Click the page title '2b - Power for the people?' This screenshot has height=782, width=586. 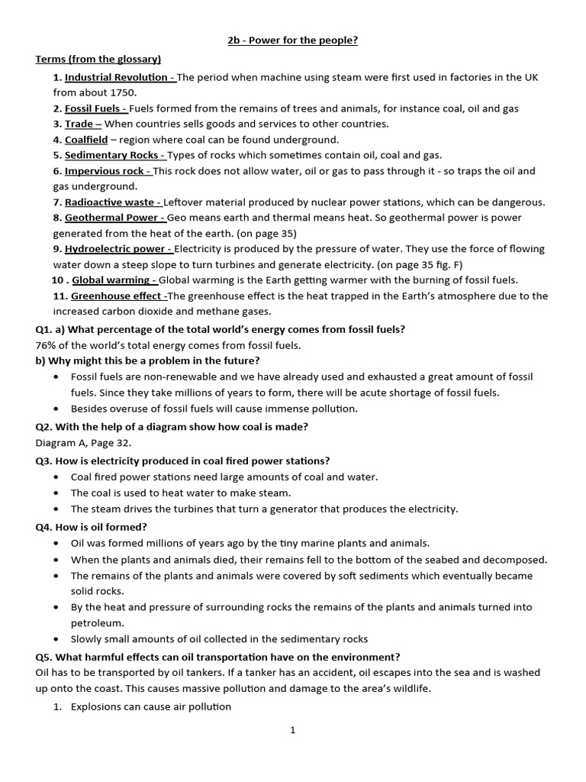[292, 40]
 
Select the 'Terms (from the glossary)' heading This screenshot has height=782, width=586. [98, 59]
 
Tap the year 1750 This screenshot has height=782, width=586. [124, 92]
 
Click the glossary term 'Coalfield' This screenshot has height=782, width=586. [85, 140]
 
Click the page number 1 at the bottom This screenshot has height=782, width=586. [292, 730]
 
